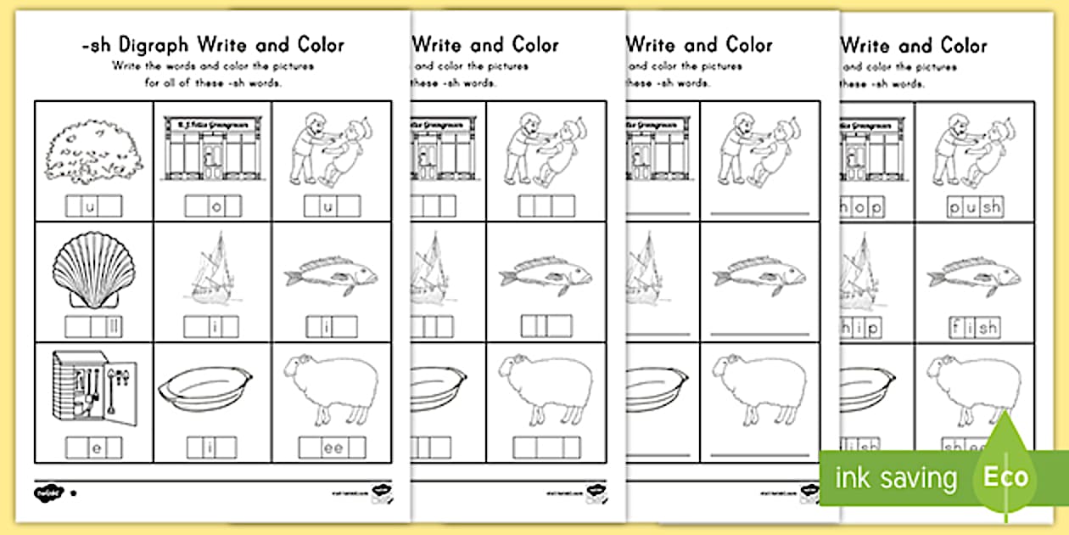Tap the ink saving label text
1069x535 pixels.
click(895, 478)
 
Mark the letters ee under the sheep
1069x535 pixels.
click(332, 447)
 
